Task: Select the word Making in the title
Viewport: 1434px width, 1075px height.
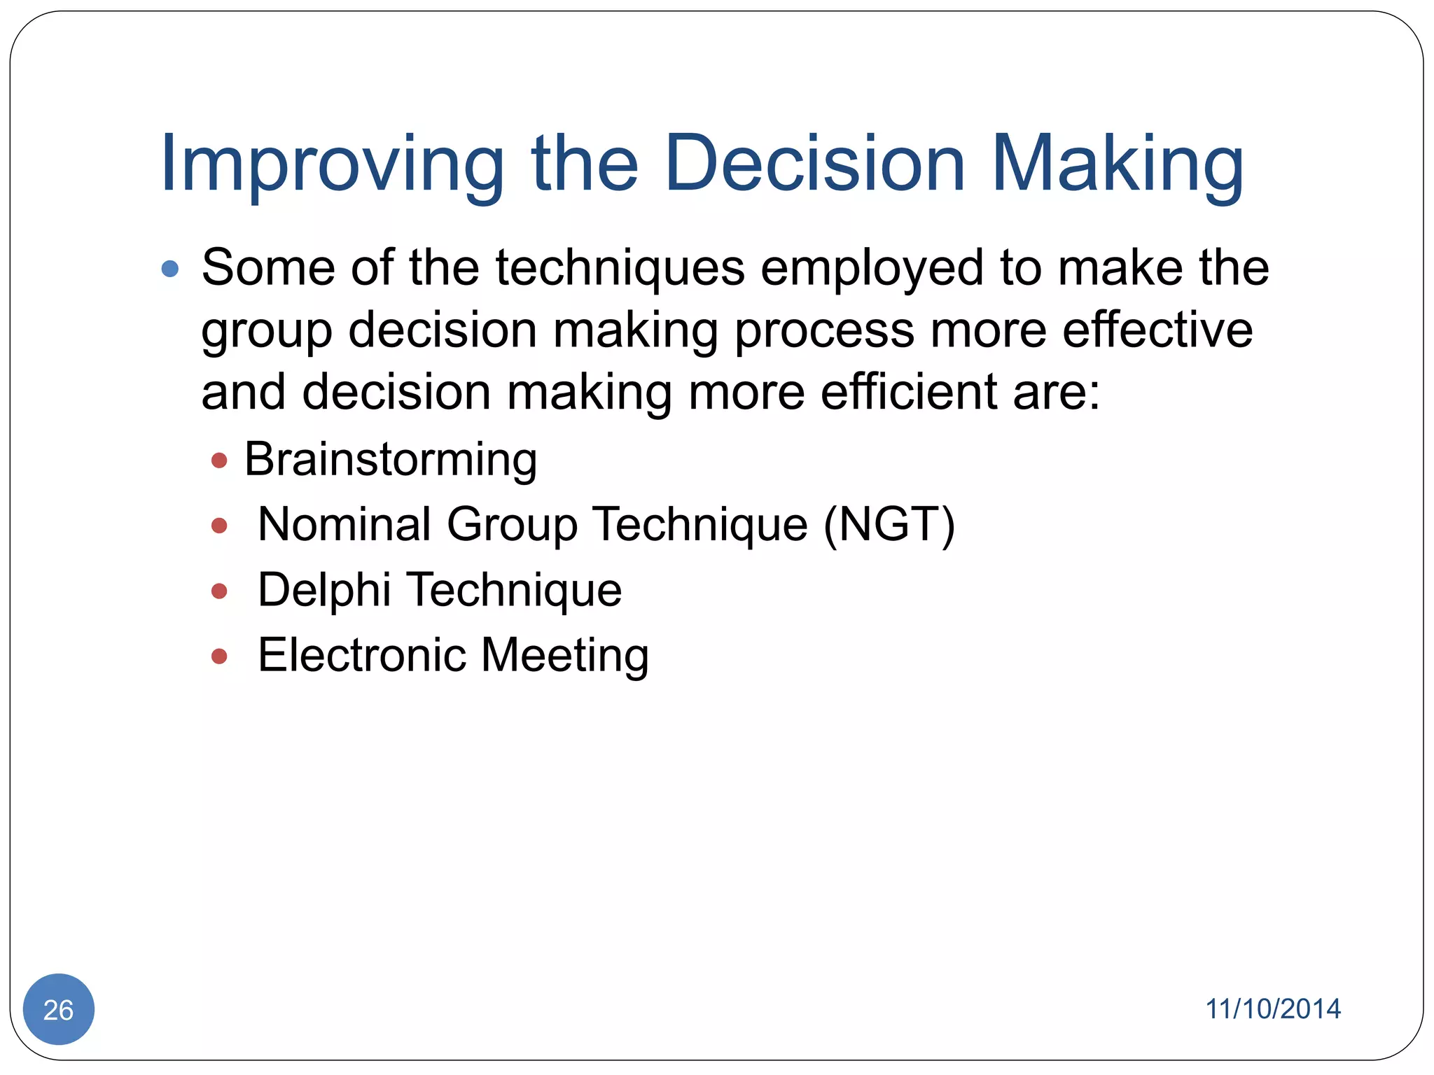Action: coord(1118,164)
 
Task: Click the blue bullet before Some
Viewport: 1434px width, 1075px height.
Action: coord(170,269)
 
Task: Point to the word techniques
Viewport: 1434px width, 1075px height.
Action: coord(620,269)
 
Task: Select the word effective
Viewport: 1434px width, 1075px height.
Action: coord(1157,330)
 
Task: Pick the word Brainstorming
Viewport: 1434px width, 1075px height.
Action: coord(391,461)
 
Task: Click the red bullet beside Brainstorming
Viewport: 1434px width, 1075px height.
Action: coord(219,461)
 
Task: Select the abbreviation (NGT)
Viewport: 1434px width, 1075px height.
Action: coord(889,525)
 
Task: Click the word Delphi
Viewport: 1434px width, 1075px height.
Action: coord(324,589)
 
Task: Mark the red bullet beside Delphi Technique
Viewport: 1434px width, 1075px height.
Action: coord(219,591)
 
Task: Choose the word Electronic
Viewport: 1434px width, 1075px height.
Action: coord(362,655)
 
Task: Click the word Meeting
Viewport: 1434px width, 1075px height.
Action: coord(565,656)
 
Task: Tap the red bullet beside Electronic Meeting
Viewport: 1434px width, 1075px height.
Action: coord(219,656)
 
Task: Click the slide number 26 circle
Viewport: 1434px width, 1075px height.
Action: coord(59,1009)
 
